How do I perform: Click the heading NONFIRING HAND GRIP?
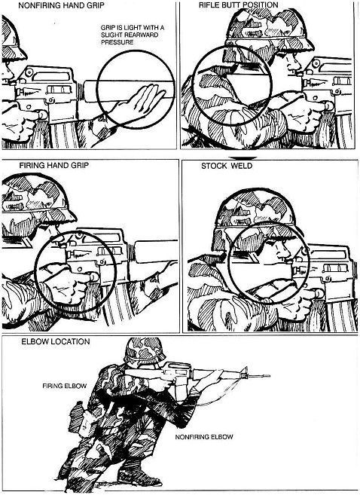(61, 5)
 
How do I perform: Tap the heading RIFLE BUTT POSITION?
(239, 5)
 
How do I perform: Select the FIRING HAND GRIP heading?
(54, 166)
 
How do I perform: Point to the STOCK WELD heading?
(227, 166)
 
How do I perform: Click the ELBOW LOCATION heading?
(56, 341)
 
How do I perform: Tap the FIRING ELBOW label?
(64, 386)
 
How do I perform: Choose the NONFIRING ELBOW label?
(204, 437)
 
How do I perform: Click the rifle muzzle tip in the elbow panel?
(269, 376)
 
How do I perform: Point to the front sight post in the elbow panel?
(245, 371)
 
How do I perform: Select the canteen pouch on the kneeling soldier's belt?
(78, 414)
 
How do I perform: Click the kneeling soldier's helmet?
(144, 351)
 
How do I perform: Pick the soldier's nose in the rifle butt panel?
(297, 66)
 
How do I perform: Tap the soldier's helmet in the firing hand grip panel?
(35, 197)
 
